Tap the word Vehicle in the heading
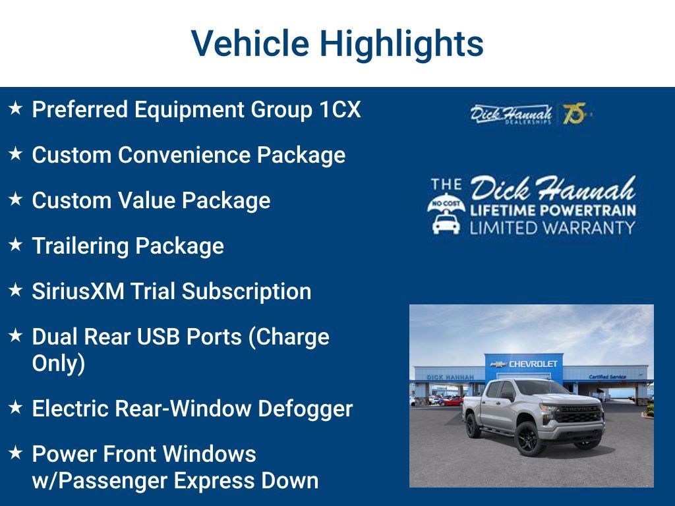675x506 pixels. pos(250,43)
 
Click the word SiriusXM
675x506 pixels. pos(78,291)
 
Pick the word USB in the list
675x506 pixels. pos(157,337)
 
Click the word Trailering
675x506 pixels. pos(80,246)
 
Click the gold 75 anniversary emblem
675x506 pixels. pos(575,113)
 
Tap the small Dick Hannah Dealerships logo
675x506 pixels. pos(511,114)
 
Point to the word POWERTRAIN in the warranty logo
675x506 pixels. pos(589,210)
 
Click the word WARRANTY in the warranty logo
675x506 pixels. pos(593,227)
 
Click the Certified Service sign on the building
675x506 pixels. pos(607,377)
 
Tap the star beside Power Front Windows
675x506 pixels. pos(16,452)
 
